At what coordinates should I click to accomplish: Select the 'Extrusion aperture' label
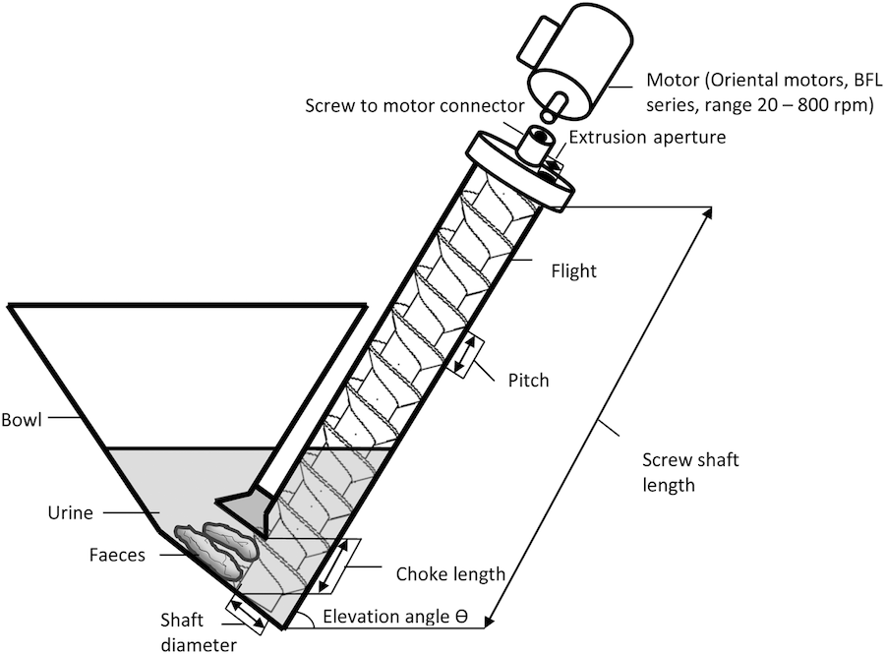[648, 137]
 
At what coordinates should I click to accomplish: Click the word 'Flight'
[573, 268]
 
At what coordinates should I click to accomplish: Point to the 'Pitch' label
[529, 380]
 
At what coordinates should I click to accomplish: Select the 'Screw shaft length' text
[689, 472]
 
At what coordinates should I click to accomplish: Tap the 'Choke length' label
[450, 573]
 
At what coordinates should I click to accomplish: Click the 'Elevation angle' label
[388, 619]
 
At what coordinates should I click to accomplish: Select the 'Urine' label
[71, 512]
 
